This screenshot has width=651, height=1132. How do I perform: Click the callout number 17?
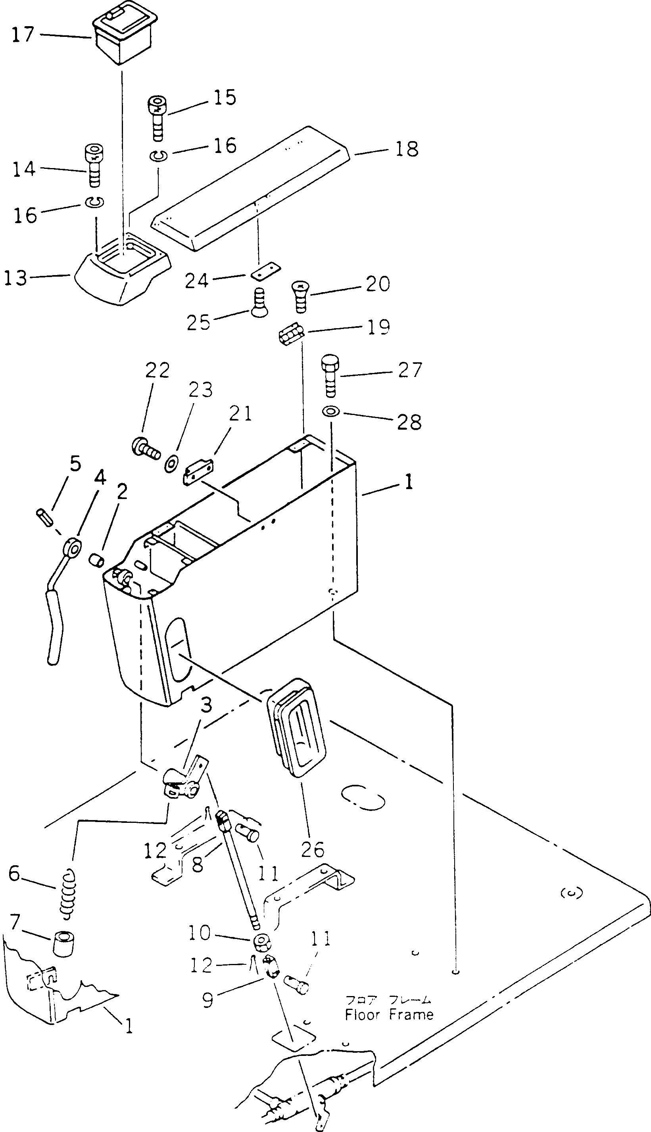(23, 34)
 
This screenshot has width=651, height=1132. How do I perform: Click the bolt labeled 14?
(94, 164)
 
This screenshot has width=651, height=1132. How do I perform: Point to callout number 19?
(378, 327)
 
